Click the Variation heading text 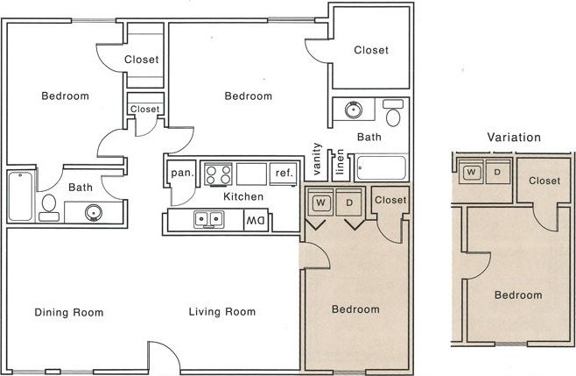click(513, 138)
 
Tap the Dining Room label click(69, 312)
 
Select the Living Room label click(223, 312)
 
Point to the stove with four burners click(217, 174)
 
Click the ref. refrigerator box click(283, 173)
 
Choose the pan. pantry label click(181, 173)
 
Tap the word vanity click(318, 159)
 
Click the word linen click(339, 162)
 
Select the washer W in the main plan click(320, 202)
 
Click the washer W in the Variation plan click(472, 171)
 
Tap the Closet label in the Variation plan click(544, 181)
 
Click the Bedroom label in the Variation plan click(517, 295)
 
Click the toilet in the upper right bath click(393, 115)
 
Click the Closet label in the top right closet click(371, 51)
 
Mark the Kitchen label click(242, 197)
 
